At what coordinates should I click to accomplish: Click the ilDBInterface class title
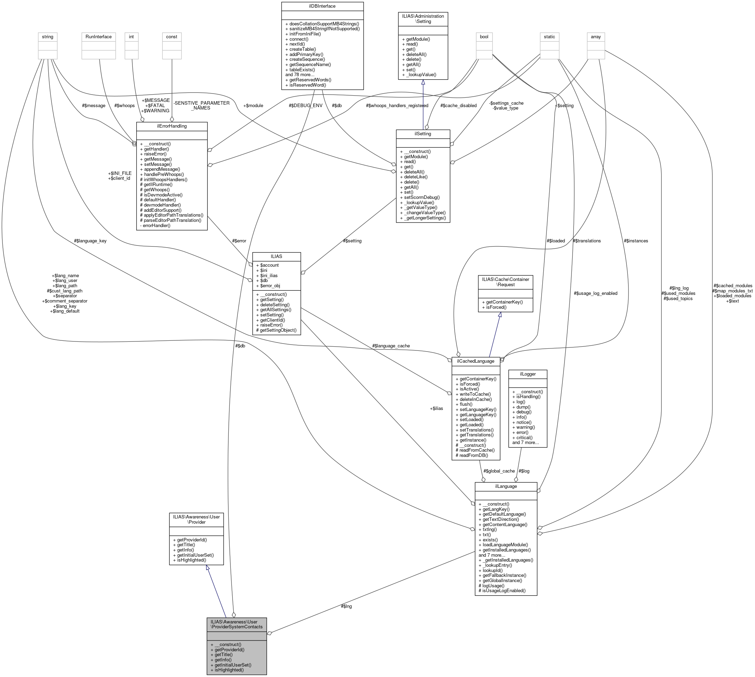(x=322, y=6)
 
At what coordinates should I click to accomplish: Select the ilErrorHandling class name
(x=171, y=126)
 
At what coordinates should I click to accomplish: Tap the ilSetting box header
(x=423, y=134)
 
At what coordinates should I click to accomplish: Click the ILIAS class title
(x=276, y=256)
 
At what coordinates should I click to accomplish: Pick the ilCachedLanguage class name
(x=475, y=361)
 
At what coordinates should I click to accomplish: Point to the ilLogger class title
(x=527, y=374)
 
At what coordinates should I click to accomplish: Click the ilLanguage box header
(x=505, y=486)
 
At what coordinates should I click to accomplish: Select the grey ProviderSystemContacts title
(x=236, y=624)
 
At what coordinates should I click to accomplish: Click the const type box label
(x=171, y=37)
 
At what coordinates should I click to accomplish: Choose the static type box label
(x=549, y=37)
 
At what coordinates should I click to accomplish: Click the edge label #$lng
(x=346, y=606)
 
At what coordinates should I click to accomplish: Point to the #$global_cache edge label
(x=499, y=471)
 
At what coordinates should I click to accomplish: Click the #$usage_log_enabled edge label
(x=595, y=293)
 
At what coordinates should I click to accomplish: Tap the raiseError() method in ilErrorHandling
(x=155, y=154)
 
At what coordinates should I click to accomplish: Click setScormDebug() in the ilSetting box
(x=422, y=198)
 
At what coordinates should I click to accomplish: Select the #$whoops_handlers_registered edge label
(x=397, y=106)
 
